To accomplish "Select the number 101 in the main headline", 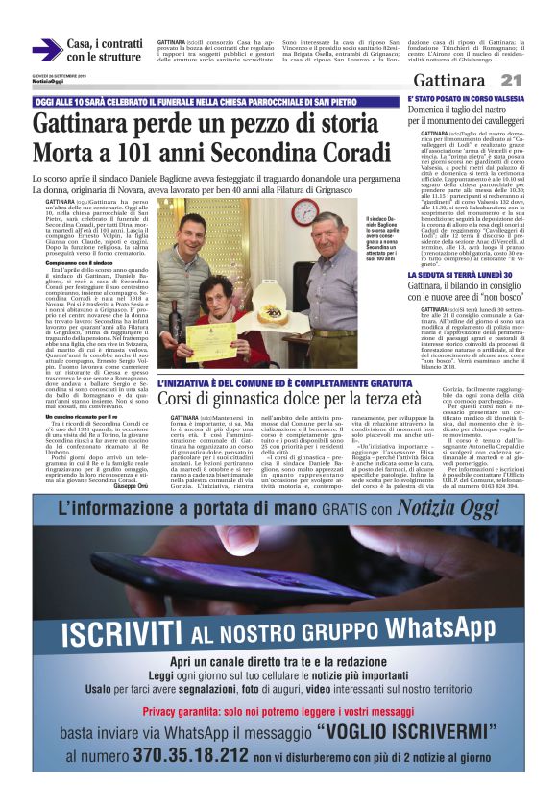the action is pos(138,152).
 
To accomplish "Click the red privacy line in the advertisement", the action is pos(278,711).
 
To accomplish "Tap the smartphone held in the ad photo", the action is pos(250,567).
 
